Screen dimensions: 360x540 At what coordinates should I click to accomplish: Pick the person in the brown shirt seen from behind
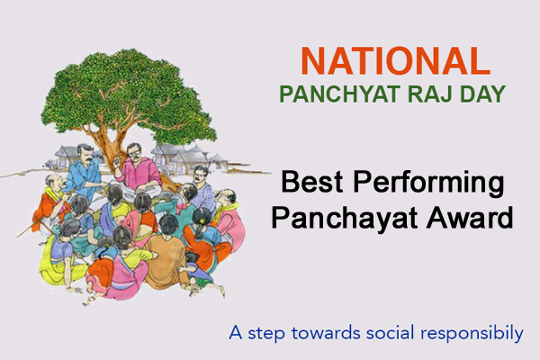tap(166, 256)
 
